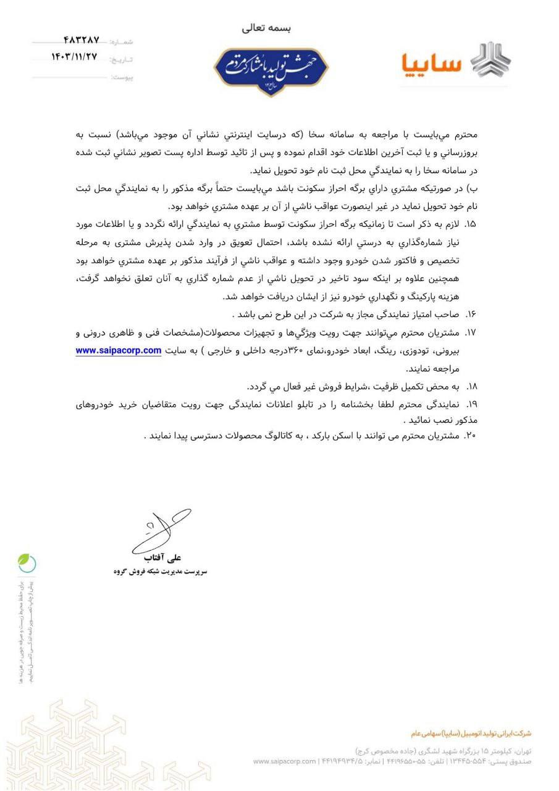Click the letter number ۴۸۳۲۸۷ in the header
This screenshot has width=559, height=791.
[x=81, y=41]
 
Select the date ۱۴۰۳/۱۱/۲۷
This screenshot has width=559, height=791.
[x=75, y=57]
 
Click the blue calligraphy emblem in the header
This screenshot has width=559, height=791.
[x=271, y=70]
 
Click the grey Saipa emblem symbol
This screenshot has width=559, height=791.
[x=491, y=59]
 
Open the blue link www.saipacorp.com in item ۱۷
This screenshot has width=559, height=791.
[x=118, y=350]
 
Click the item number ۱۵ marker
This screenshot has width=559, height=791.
[x=471, y=222]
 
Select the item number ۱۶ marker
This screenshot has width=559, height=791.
[x=471, y=315]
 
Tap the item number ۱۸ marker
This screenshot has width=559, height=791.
[x=471, y=386]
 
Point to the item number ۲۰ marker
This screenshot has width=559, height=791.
[x=471, y=435]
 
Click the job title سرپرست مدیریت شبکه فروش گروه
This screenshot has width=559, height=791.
[x=160, y=572]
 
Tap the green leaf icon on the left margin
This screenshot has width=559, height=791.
[x=26, y=562]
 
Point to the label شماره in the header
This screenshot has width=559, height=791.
[x=122, y=42]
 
